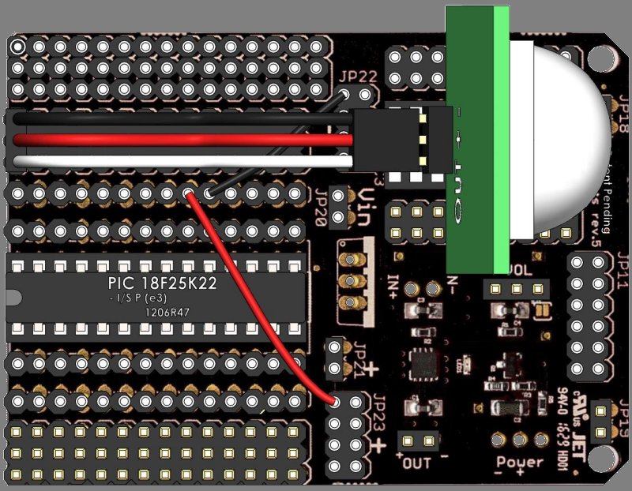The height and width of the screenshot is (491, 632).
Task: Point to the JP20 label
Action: click(x=321, y=208)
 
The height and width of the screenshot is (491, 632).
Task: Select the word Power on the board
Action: click(x=519, y=462)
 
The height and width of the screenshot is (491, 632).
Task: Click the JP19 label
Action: click(x=623, y=417)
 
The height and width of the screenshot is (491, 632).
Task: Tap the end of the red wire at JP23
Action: click(x=335, y=401)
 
